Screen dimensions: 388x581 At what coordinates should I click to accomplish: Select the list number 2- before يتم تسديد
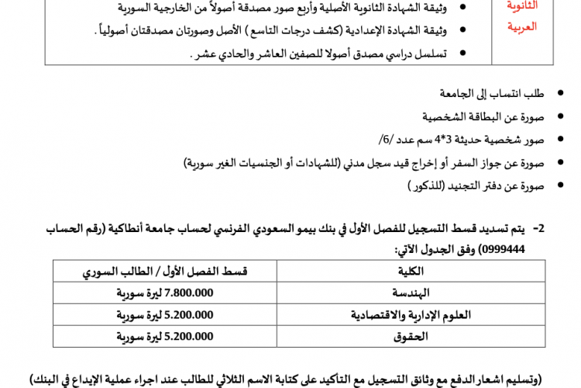tap(539, 229)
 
